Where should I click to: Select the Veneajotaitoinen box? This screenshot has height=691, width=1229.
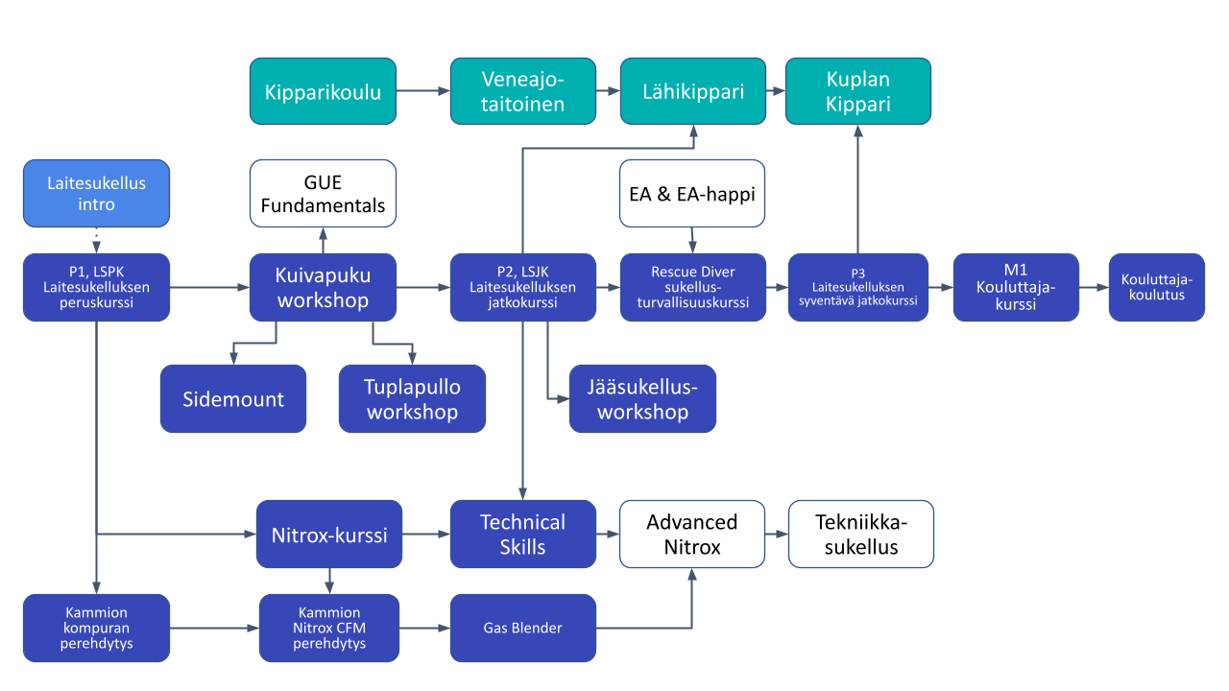pyautogui.click(x=523, y=91)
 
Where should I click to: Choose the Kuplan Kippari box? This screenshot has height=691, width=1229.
pyautogui.click(x=858, y=91)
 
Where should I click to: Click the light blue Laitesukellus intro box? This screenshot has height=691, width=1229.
pyautogui.click(x=96, y=193)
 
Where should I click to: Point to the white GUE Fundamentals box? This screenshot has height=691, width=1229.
pyautogui.click(x=323, y=193)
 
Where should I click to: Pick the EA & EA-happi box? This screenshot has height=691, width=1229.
pyautogui.click(x=692, y=193)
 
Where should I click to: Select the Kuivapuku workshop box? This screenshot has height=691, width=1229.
pyautogui.click(x=323, y=287)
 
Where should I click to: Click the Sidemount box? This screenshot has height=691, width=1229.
pyautogui.click(x=233, y=398)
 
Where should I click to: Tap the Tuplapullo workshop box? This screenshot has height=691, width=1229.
pyautogui.click(x=412, y=398)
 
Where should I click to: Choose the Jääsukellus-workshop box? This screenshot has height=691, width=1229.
pyautogui.click(x=642, y=398)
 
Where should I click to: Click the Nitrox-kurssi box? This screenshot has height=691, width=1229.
pyautogui.click(x=329, y=534)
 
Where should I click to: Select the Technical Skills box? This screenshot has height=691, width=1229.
pyautogui.click(x=523, y=534)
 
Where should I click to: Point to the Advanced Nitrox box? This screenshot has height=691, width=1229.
pyautogui.click(x=692, y=534)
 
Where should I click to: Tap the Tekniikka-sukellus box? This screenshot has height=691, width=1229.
pyautogui.click(x=860, y=534)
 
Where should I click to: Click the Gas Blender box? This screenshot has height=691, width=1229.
pyautogui.click(x=523, y=628)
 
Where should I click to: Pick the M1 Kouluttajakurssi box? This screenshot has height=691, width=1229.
pyautogui.click(x=1016, y=287)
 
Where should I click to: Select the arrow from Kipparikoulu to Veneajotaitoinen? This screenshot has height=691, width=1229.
pyautogui.click(x=423, y=91)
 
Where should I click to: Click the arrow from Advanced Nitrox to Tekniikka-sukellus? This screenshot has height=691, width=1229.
pyautogui.click(x=777, y=534)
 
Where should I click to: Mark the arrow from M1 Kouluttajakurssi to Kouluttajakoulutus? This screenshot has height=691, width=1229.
pyautogui.click(x=1093, y=287)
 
